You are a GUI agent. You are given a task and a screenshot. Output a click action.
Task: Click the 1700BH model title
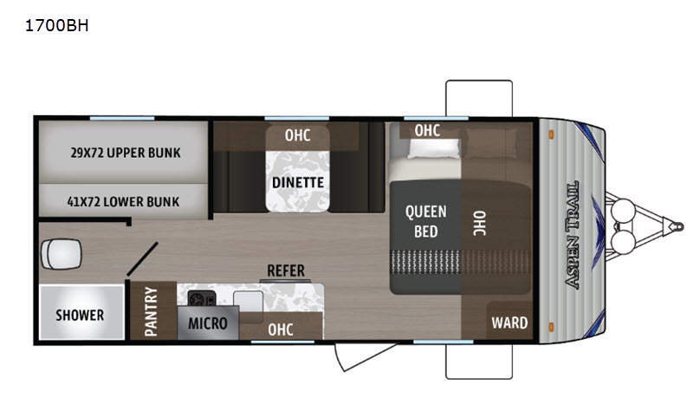click(57, 26)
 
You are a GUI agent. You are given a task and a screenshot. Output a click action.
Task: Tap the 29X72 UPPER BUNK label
click(126, 153)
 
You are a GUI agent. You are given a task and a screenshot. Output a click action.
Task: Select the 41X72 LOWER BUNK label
click(123, 202)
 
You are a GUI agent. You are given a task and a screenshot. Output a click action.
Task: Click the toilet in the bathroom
click(61, 254)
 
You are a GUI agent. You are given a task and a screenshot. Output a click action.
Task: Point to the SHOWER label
click(80, 316)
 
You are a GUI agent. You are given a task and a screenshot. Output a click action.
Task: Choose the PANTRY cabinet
click(153, 310)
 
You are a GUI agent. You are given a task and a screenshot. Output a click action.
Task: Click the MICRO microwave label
click(208, 323)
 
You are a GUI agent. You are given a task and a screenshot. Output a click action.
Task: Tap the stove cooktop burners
click(202, 298)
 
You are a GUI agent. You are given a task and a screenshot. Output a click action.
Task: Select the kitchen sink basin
click(249, 302)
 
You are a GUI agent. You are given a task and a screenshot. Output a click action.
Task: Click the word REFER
click(286, 271)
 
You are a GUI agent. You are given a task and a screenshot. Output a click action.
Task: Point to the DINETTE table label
click(298, 183)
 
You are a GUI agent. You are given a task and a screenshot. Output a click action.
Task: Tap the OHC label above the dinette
click(297, 135)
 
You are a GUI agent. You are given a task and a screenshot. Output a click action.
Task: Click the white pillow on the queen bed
click(434, 148)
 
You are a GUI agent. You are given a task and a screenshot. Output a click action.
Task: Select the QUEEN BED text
click(425, 222)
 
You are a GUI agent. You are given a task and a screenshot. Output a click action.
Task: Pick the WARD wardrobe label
click(509, 323)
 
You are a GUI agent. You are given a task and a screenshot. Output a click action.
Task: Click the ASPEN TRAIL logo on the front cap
click(572, 235)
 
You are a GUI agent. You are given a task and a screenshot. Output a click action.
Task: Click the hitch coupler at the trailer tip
click(677, 227)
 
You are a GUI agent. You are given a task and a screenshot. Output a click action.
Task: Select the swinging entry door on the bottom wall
click(365, 356)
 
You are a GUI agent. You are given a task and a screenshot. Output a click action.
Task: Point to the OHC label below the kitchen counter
click(281, 330)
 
